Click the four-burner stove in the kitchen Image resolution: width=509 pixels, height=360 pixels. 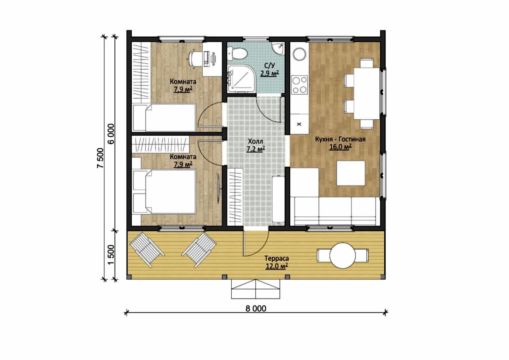[299, 84]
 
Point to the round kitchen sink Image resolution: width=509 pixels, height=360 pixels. [299, 54]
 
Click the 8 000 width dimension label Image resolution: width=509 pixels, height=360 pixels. [256, 309]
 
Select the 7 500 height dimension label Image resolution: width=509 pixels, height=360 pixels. [101, 158]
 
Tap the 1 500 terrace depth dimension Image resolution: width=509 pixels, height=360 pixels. [111, 255]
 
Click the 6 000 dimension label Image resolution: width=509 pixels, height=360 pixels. [111, 134]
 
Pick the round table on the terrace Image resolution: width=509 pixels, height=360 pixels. [342, 255]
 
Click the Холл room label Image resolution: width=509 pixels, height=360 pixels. [255, 141]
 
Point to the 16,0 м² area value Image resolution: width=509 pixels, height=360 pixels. [340, 147]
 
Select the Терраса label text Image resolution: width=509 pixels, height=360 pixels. [276, 258]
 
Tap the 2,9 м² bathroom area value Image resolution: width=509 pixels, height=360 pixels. [269, 74]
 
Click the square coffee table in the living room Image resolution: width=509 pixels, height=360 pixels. [351, 173]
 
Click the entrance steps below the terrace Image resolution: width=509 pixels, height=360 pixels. [255, 289]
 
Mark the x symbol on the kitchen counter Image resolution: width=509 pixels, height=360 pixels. [299, 124]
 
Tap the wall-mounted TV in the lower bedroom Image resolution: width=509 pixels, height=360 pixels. [219, 188]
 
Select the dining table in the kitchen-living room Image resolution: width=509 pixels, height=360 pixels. [366, 94]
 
